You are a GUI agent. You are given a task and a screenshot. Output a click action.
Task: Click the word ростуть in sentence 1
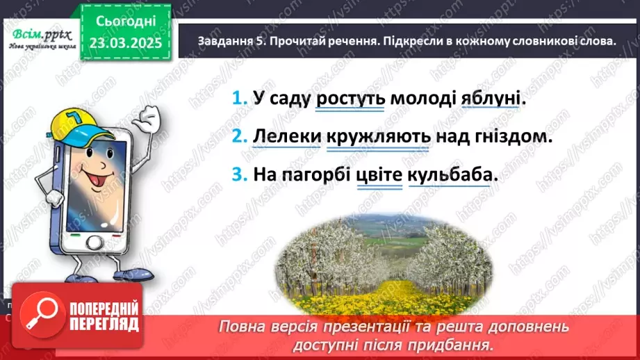[x=350, y=99]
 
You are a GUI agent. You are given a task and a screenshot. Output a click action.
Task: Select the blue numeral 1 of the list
[x=239, y=99]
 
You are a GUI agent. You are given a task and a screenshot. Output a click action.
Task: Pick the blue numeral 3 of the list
[x=239, y=175]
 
